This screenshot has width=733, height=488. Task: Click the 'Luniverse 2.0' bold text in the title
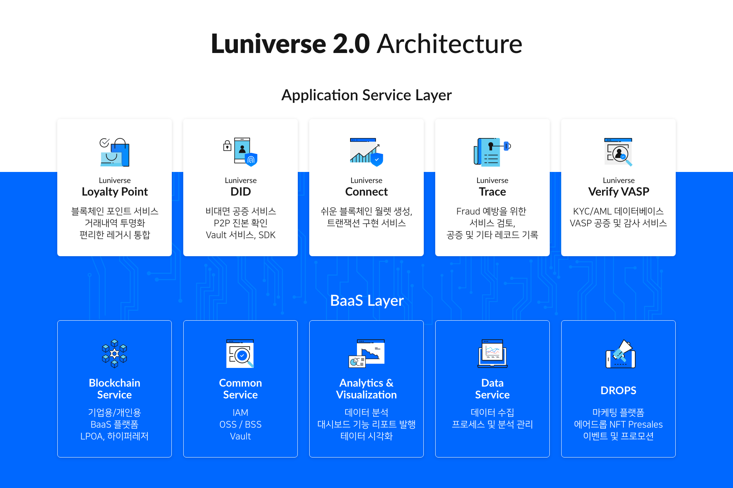tap(291, 43)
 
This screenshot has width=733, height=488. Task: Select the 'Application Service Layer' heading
tap(366, 95)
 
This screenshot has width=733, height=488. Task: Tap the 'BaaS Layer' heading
tap(367, 300)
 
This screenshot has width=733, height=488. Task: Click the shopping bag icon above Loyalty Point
tap(115, 152)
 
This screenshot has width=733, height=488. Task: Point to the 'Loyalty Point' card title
tap(115, 192)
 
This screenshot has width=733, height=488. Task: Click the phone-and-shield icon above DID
tap(241, 152)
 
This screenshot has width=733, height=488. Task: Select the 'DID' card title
tap(241, 192)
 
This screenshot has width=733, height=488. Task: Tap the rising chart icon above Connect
tap(366, 152)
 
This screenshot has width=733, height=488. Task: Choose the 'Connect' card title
tap(366, 192)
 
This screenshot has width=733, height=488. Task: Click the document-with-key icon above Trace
tap(492, 152)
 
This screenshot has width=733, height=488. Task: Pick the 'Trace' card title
tap(492, 192)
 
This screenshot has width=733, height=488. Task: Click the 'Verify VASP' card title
tap(618, 192)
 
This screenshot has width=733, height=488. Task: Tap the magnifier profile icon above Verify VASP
tap(618, 152)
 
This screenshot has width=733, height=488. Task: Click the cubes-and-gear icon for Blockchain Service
tap(115, 354)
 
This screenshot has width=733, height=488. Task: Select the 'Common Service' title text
tap(241, 388)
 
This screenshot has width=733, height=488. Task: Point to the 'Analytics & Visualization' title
tap(366, 388)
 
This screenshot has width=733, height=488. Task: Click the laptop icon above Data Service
tap(492, 354)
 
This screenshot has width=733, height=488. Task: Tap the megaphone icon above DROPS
tap(620, 354)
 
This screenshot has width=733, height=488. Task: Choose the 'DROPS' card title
tap(618, 390)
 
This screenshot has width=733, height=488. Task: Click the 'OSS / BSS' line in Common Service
tap(241, 424)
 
